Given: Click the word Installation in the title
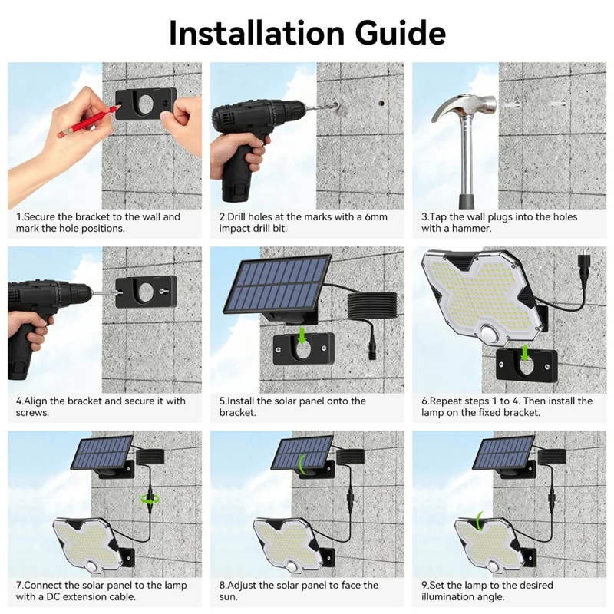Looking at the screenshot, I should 250,32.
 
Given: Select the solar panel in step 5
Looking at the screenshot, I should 277,284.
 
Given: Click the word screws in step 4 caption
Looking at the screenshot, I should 32,413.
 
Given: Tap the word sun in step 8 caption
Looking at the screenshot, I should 228,597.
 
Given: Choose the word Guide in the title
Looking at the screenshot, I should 393,32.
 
